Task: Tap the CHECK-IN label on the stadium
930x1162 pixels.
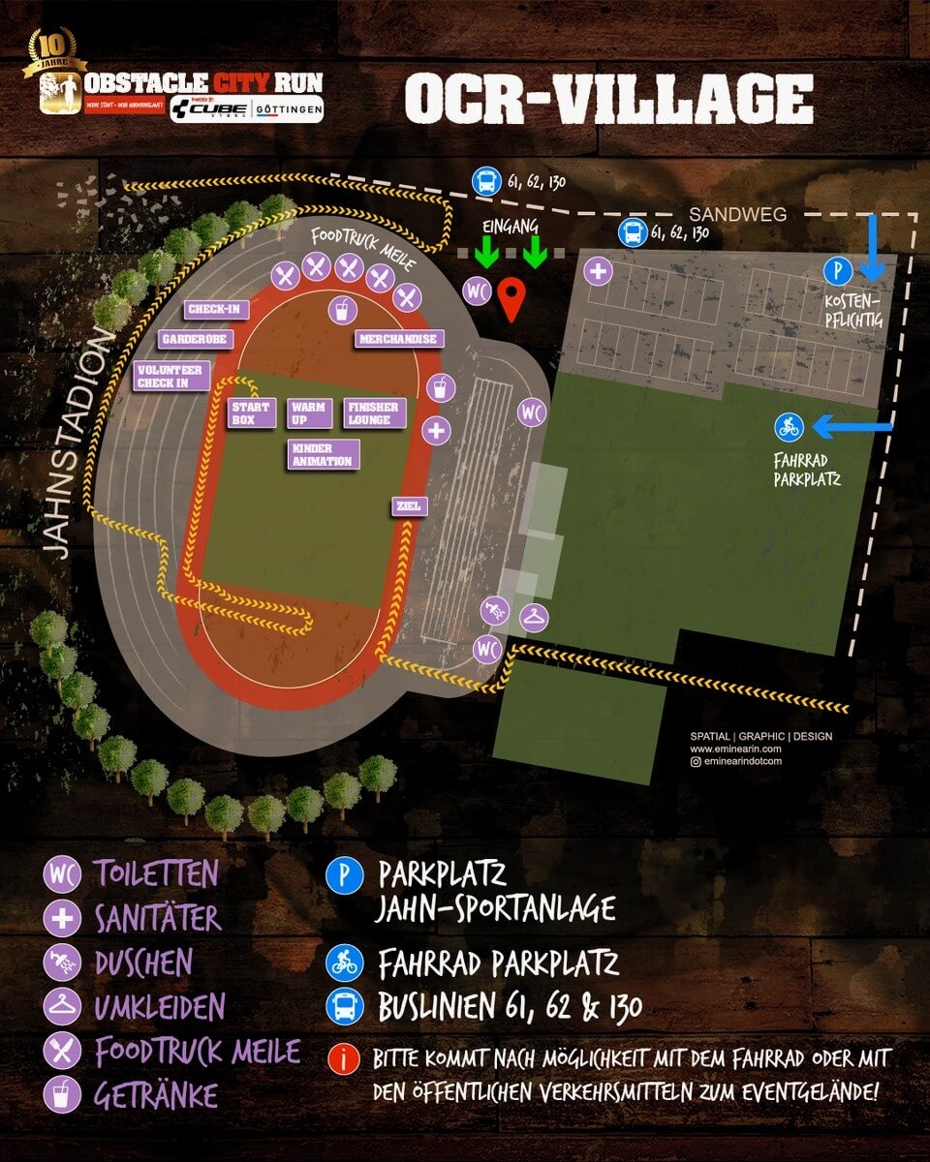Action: (217, 310)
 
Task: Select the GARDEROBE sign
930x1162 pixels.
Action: (194, 340)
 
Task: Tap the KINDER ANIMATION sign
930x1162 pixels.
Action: (324, 454)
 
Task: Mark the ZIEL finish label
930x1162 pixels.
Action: (406, 505)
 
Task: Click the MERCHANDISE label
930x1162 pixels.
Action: (399, 340)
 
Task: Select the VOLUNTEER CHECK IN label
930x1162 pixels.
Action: (172, 376)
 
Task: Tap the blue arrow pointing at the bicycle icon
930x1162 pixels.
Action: (850, 425)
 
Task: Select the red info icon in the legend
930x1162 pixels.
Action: (343, 1058)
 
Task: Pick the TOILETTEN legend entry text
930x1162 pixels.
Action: (155, 874)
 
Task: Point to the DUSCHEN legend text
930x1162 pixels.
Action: (143, 963)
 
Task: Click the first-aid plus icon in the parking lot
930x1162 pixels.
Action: (598, 271)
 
